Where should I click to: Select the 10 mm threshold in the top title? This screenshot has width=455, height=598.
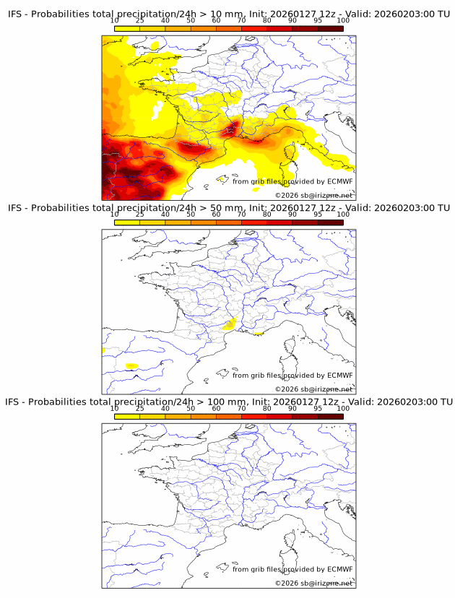[225, 14]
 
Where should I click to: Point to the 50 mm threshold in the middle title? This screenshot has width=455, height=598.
[225, 208]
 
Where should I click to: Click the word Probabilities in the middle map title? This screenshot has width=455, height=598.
[68, 208]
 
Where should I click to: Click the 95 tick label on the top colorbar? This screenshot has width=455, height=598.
[318, 21]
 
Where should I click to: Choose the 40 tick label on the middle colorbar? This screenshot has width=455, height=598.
[165, 214]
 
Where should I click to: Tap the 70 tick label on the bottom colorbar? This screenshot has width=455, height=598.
[242, 408]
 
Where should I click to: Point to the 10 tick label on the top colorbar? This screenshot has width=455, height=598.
[115, 21]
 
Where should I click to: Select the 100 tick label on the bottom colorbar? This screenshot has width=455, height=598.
[343, 408]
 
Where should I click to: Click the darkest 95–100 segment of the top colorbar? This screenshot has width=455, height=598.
[330, 28]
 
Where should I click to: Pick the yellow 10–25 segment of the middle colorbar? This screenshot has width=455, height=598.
[127, 222]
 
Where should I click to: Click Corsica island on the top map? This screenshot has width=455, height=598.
[292, 152]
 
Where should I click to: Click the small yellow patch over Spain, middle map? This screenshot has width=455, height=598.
[131, 366]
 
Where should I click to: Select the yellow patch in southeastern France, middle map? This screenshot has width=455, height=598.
[230, 324]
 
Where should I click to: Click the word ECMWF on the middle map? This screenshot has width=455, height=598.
[339, 376]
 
